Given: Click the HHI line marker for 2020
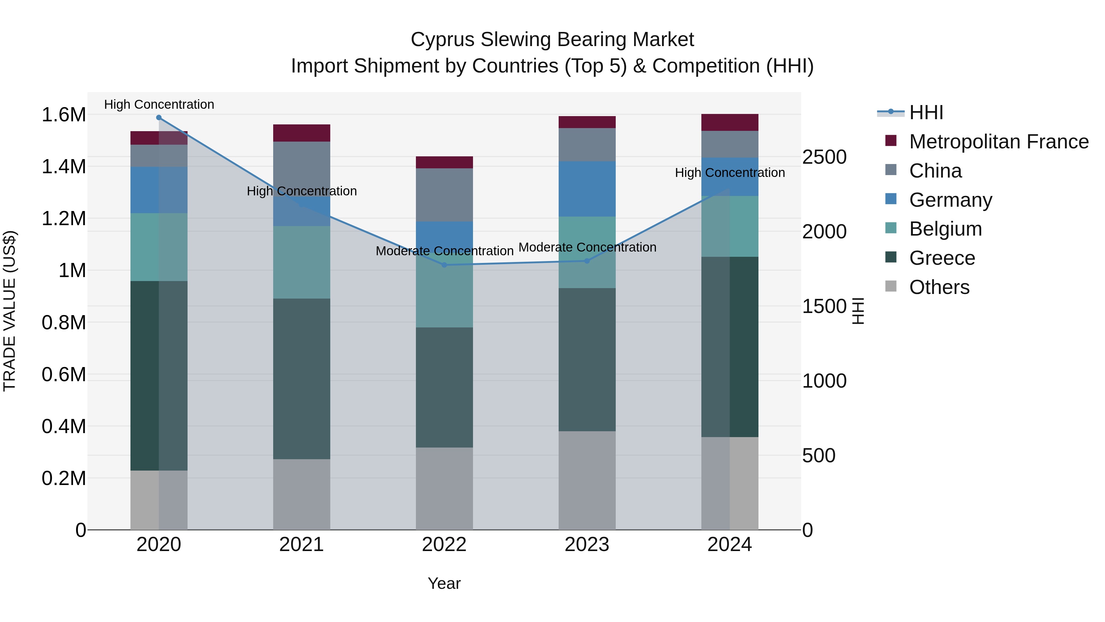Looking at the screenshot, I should pos(159,118).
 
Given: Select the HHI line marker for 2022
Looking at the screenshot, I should pos(444,265).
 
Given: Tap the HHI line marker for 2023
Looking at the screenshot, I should pos(587,261).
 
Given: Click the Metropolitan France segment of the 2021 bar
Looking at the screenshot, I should pos(301,133).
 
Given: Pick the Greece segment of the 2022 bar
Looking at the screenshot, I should pos(444,387).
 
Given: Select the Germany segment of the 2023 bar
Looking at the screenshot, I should pos(587,189).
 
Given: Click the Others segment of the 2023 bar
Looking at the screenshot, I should pos(587,480).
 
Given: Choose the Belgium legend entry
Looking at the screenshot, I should pos(945,229).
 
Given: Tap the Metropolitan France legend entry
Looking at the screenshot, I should pos(998,142).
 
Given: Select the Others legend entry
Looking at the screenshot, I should pos(939,287).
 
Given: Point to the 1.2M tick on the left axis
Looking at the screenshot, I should pos(64,218).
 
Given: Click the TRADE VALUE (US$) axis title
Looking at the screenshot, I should pos(10,311).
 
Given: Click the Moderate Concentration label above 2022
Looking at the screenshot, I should pos(444,251).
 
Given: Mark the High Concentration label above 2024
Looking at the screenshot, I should pos(730,173).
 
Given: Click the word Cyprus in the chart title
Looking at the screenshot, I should pos(442,40).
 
